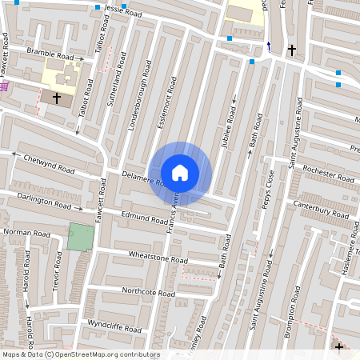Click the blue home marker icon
click(x=180, y=173)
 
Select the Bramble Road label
click(x=54, y=54)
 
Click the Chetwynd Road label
click(x=49, y=163)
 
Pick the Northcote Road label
click(x=148, y=293)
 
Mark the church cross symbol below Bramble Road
click(x=56, y=98)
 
